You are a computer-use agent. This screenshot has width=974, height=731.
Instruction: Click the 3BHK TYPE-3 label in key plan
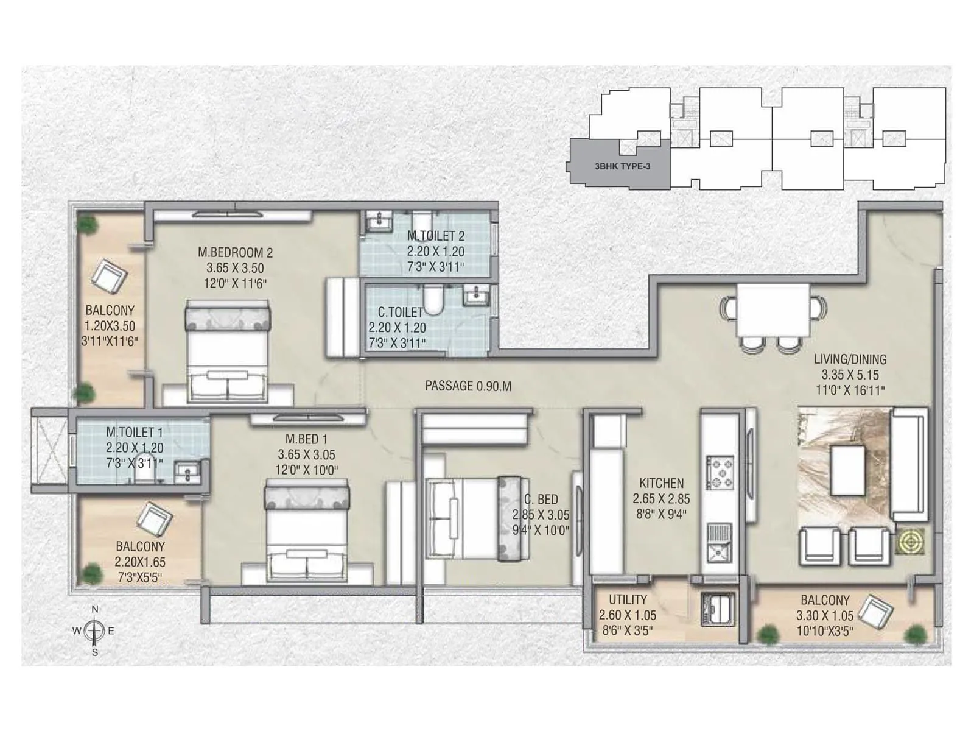pos(622,166)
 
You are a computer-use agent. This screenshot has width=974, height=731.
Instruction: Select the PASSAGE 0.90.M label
pos(468,386)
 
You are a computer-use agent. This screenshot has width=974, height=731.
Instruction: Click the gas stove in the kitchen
pos(720,473)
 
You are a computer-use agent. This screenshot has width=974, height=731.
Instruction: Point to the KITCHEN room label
pos(661,483)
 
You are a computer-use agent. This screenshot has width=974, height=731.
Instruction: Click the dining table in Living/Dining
pos(773,310)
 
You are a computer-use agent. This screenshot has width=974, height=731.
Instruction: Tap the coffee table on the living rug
pos(847,470)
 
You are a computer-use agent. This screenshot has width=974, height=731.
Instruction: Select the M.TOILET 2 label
pos(435,236)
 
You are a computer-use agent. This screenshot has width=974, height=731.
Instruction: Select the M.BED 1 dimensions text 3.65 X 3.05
pos(306,454)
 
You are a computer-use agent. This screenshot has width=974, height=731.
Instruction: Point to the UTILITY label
pos(627,599)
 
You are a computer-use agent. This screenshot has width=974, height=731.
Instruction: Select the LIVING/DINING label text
pos(850,359)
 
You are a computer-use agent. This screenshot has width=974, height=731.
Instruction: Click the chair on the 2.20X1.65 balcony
pos(155,518)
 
